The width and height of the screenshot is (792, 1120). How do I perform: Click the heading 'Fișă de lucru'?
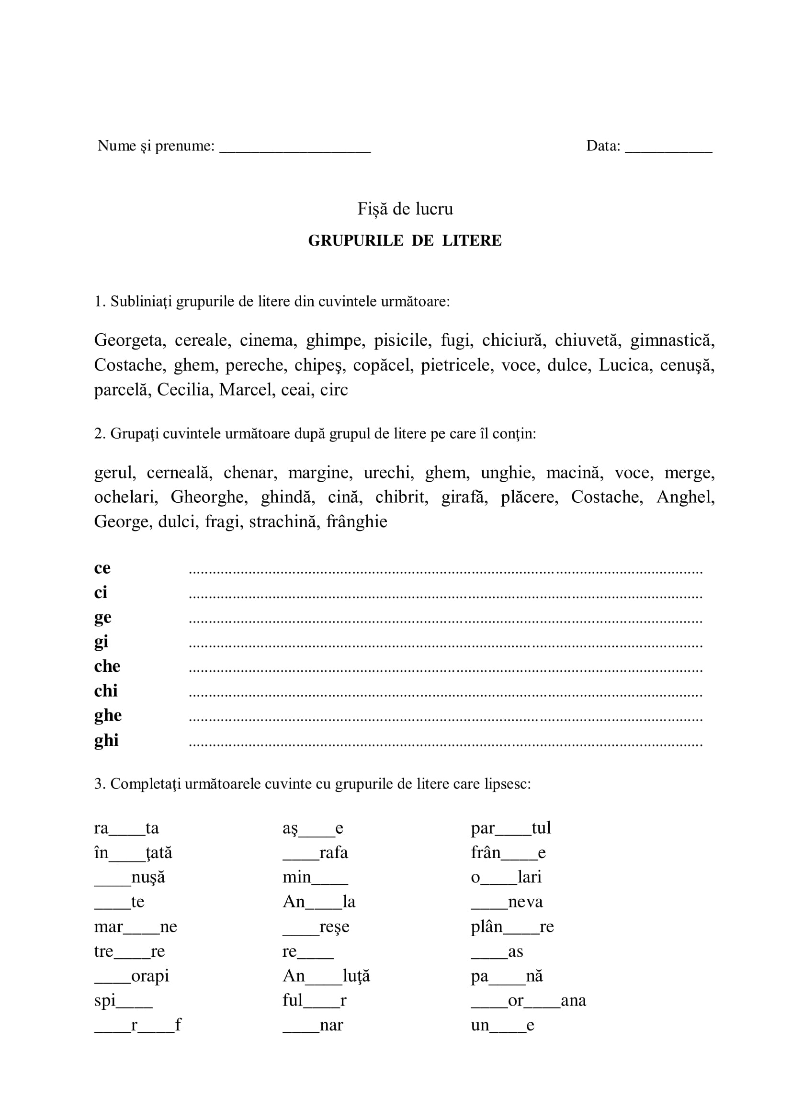tap(405, 209)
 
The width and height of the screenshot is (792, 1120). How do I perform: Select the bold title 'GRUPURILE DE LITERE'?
tap(405, 240)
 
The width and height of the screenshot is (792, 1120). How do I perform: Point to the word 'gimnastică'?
tap(672, 340)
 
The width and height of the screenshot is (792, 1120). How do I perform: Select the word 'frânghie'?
tap(357, 521)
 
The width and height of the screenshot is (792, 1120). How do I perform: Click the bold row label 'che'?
tap(107, 667)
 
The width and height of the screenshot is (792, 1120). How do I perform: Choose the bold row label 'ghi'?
tap(106, 740)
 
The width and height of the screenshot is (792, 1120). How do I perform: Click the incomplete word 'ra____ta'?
tap(126, 828)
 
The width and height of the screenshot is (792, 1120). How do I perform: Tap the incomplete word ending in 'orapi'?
tap(132, 976)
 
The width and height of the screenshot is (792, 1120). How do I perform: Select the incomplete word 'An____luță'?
tap(326, 976)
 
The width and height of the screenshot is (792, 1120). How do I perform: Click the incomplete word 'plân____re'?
tap(512, 927)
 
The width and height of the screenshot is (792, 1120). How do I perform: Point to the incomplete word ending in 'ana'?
tap(528, 1000)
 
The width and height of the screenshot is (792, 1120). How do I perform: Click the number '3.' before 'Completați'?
tap(100, 784)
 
